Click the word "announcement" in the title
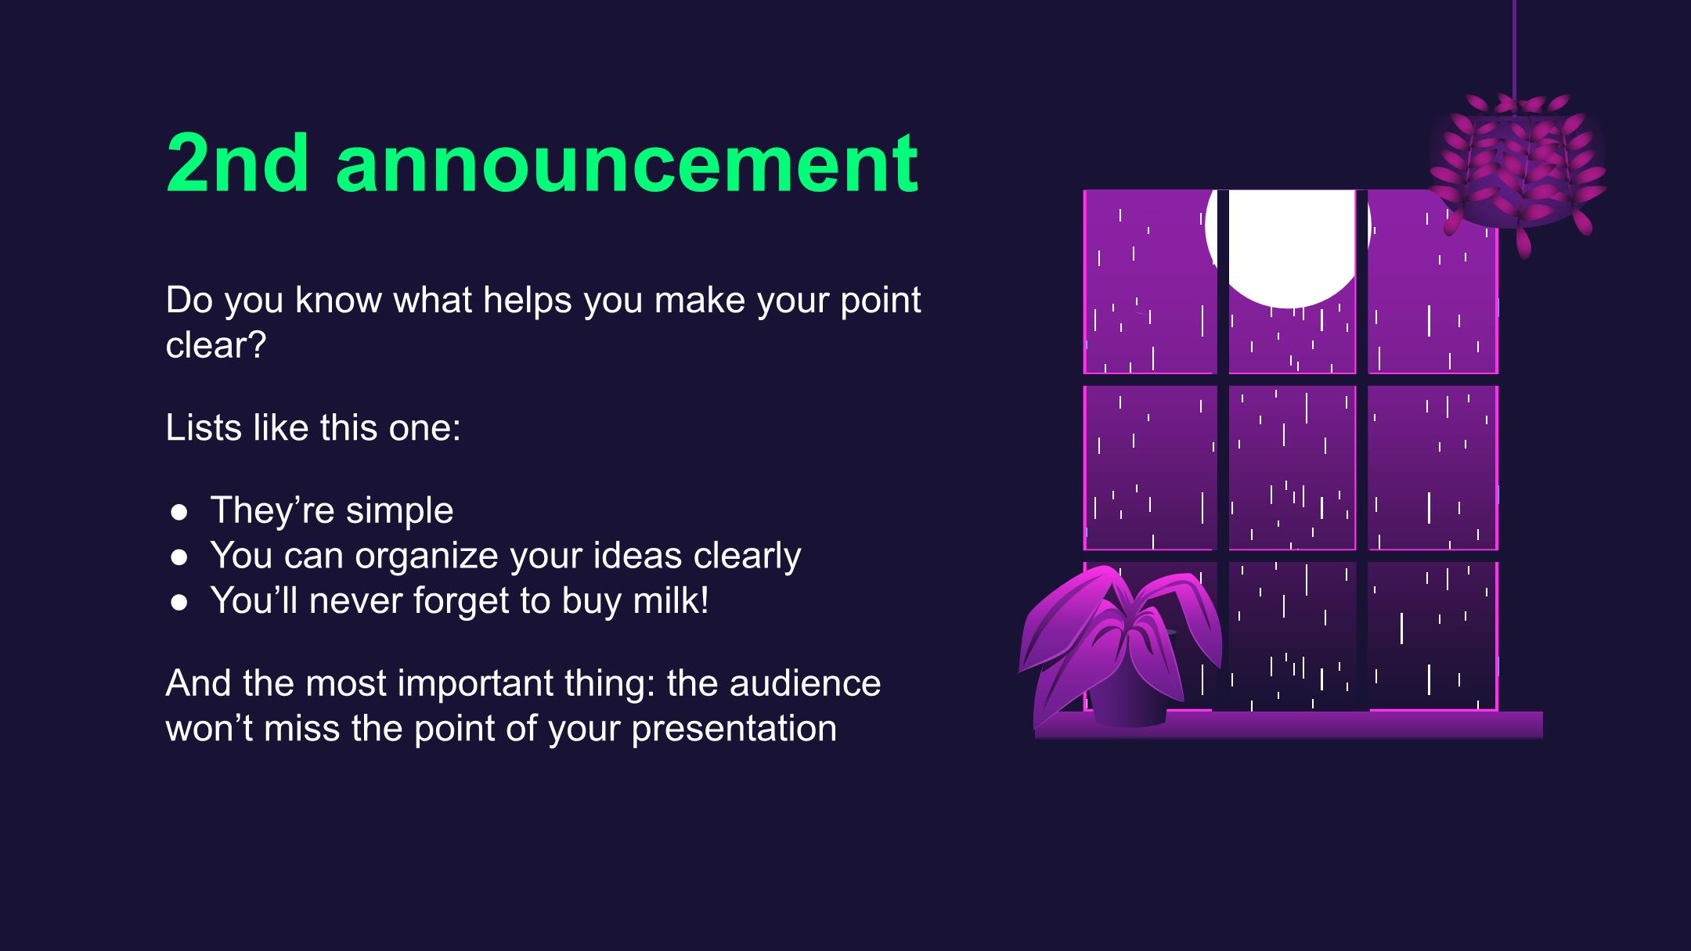pos(627,164)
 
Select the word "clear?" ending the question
pos(216,344)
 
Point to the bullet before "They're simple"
pos(179,512)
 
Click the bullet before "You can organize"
pos(179,557)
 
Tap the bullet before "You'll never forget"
pos(179,602)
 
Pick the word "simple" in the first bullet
pos(399,511)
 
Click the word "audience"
pos(805,683)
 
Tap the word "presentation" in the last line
pos(734,729)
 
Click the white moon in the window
pos(1287,247)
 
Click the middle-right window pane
pos(1433,467)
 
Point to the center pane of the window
pos(1292,467)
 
